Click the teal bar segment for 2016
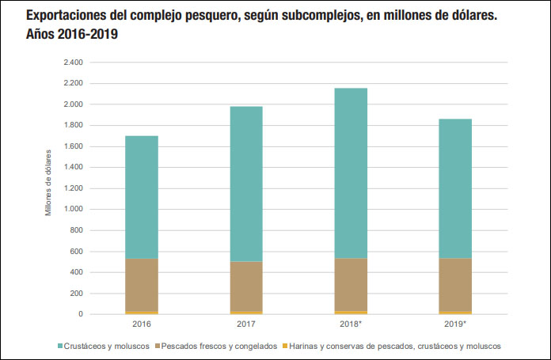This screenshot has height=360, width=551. coord(142,197)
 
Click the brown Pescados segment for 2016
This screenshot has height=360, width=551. coord(142,285)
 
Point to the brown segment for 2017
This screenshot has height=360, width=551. coord(246,286)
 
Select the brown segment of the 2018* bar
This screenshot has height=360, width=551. coord(351,285)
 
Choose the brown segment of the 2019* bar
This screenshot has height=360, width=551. coord(455,285)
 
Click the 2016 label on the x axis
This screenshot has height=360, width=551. coord(142,324)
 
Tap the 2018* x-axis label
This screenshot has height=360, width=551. coord(351,324)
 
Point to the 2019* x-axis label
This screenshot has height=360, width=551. coord(456,324)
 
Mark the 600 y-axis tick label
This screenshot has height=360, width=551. coord(76,252)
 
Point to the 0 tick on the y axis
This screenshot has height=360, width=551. coord(81,314)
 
